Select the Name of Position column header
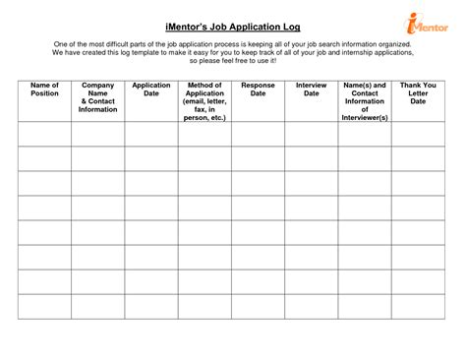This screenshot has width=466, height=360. (x=45, y=90)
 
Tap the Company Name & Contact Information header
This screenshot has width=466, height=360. (x=98, y=97)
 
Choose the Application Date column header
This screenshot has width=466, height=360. (x=151, y=90)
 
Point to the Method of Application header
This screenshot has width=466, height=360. (x=204, y=101)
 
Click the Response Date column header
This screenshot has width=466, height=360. (x=258, y=90)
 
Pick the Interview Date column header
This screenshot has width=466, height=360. (x=311, y=90)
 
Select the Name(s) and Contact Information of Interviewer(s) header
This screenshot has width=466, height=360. (x=364, y=101)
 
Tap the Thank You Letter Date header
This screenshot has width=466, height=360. (x=417, y=93)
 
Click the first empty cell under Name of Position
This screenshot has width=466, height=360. (x=45, y=134)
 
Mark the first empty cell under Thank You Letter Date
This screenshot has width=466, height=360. (x=417, y=134)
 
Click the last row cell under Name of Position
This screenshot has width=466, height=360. (x=45, y=307)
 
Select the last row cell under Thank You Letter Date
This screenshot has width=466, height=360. (x=417, y=307)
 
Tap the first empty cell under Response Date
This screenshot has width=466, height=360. (x=258, y=134)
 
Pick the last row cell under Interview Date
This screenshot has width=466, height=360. (x=311, y=307)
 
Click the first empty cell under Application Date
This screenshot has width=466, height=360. (x=151, y=134)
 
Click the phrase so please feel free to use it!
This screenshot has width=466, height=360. (x=232, y=62)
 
